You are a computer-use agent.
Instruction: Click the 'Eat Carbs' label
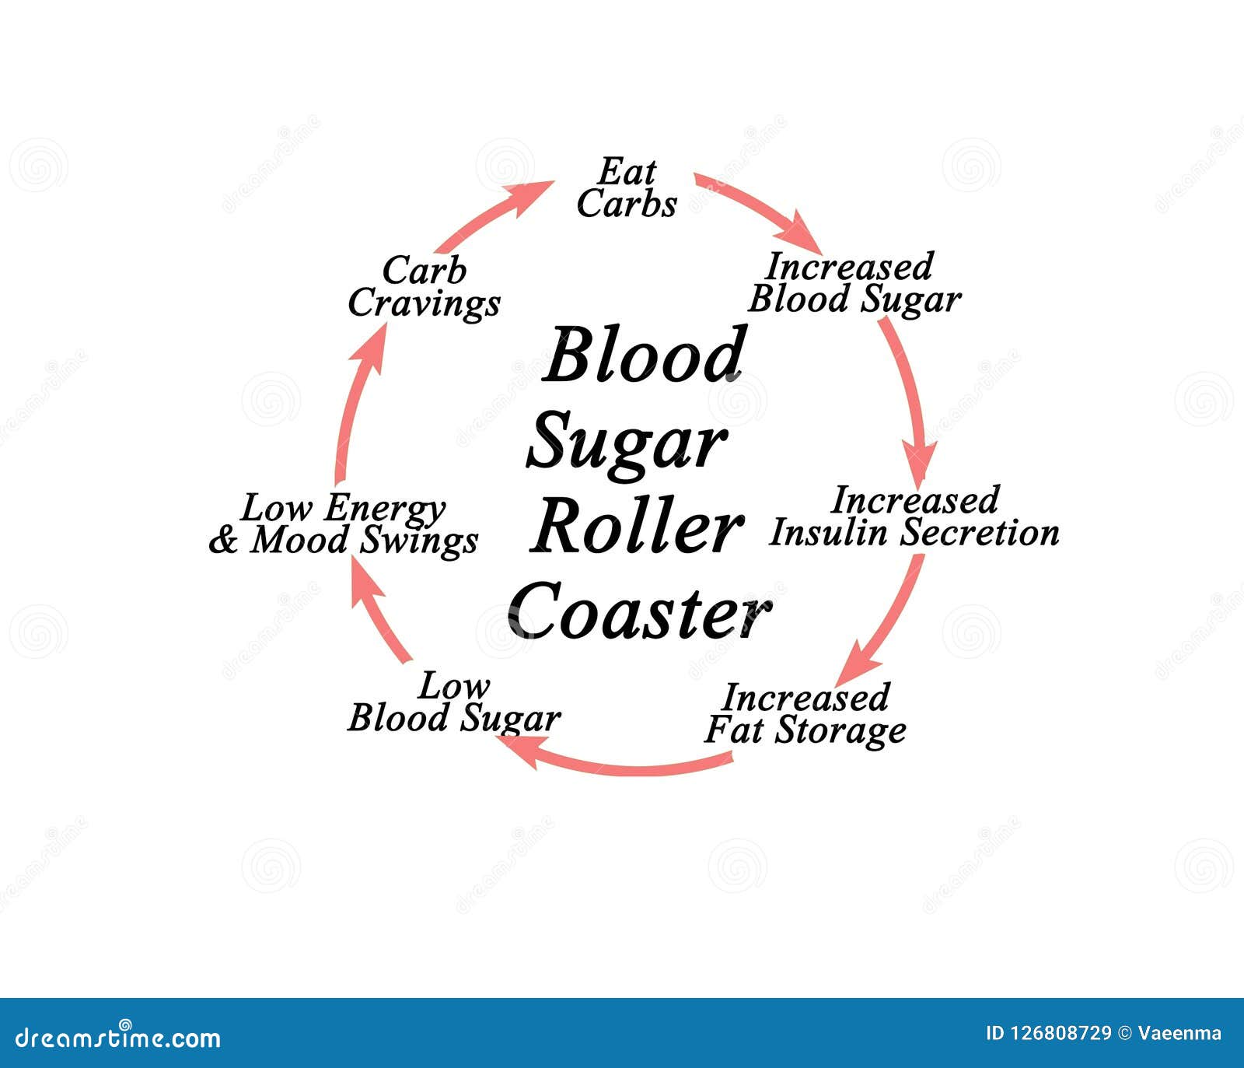point(627,188)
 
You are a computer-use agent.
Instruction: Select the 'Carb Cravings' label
point(424,287)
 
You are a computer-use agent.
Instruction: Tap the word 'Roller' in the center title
point(636,528)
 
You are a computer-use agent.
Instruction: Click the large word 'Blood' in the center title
point(645,356)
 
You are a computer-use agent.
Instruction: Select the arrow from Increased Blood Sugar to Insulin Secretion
point(910,389)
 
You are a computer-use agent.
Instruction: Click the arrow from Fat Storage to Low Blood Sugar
point(614,766)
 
